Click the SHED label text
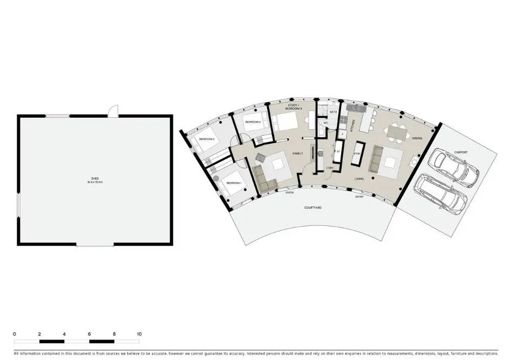(x=95, y=181)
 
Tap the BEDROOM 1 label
(x=234, y=183)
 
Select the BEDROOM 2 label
(x=207, y=139)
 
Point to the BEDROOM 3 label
(x=253, y=122)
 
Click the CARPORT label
(x=461, y=152)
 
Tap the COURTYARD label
(x=313, y=208)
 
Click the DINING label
(x=417, y=138)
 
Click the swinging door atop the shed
(x=112, y=111)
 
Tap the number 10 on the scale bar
(x=139, y=334)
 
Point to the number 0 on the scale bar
(x=15, y=334)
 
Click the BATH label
(x=333, y=112)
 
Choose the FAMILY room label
(x=297, y=154)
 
